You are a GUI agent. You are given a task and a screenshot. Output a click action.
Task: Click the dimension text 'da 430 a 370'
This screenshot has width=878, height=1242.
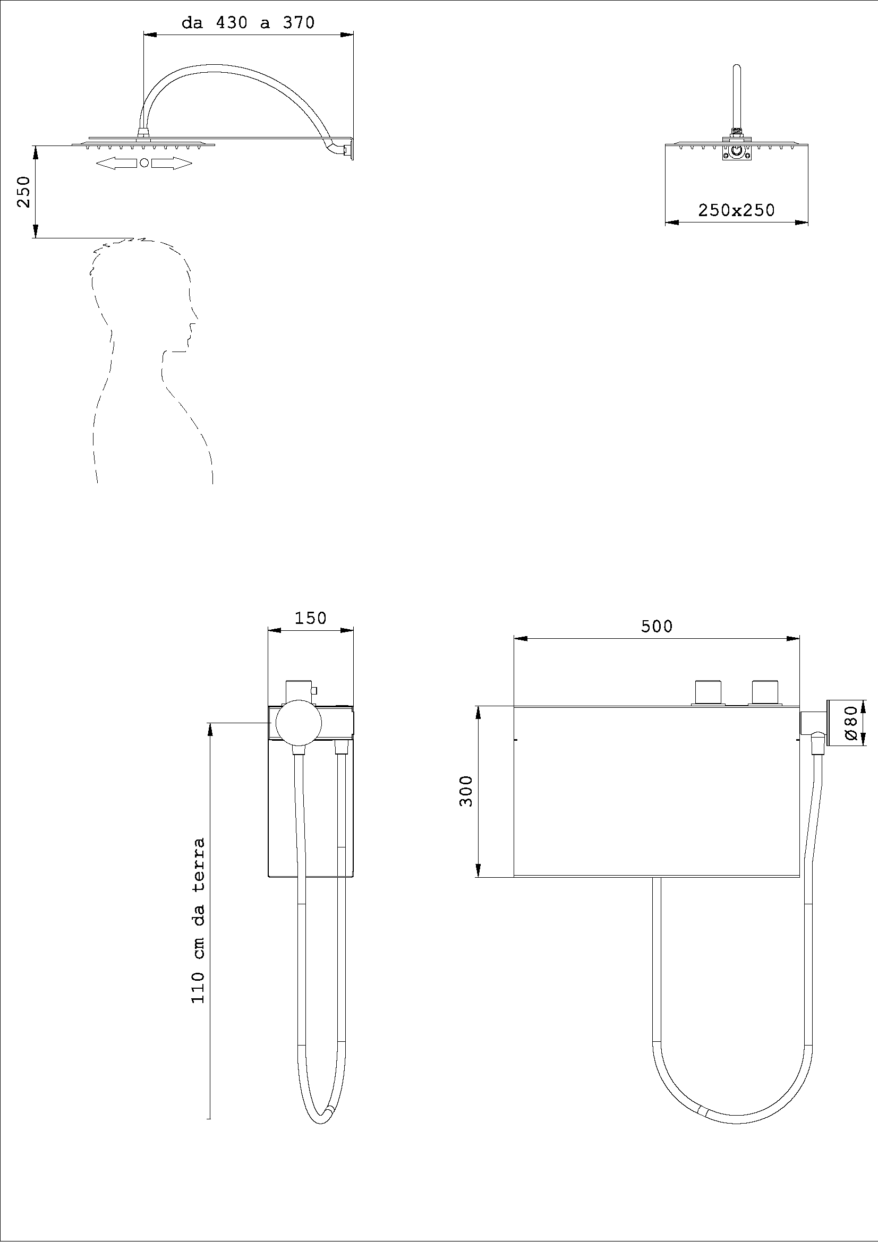click(248, 23)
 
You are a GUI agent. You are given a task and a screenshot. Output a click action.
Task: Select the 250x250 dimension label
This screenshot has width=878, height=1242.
click(736, 210)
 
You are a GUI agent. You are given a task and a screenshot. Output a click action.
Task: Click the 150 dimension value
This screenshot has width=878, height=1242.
click(311, 618)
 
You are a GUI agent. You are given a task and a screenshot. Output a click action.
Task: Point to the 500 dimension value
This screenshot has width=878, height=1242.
click(656, 627)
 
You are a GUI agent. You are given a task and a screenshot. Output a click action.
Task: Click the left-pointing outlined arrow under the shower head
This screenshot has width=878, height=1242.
click(117, 164)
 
